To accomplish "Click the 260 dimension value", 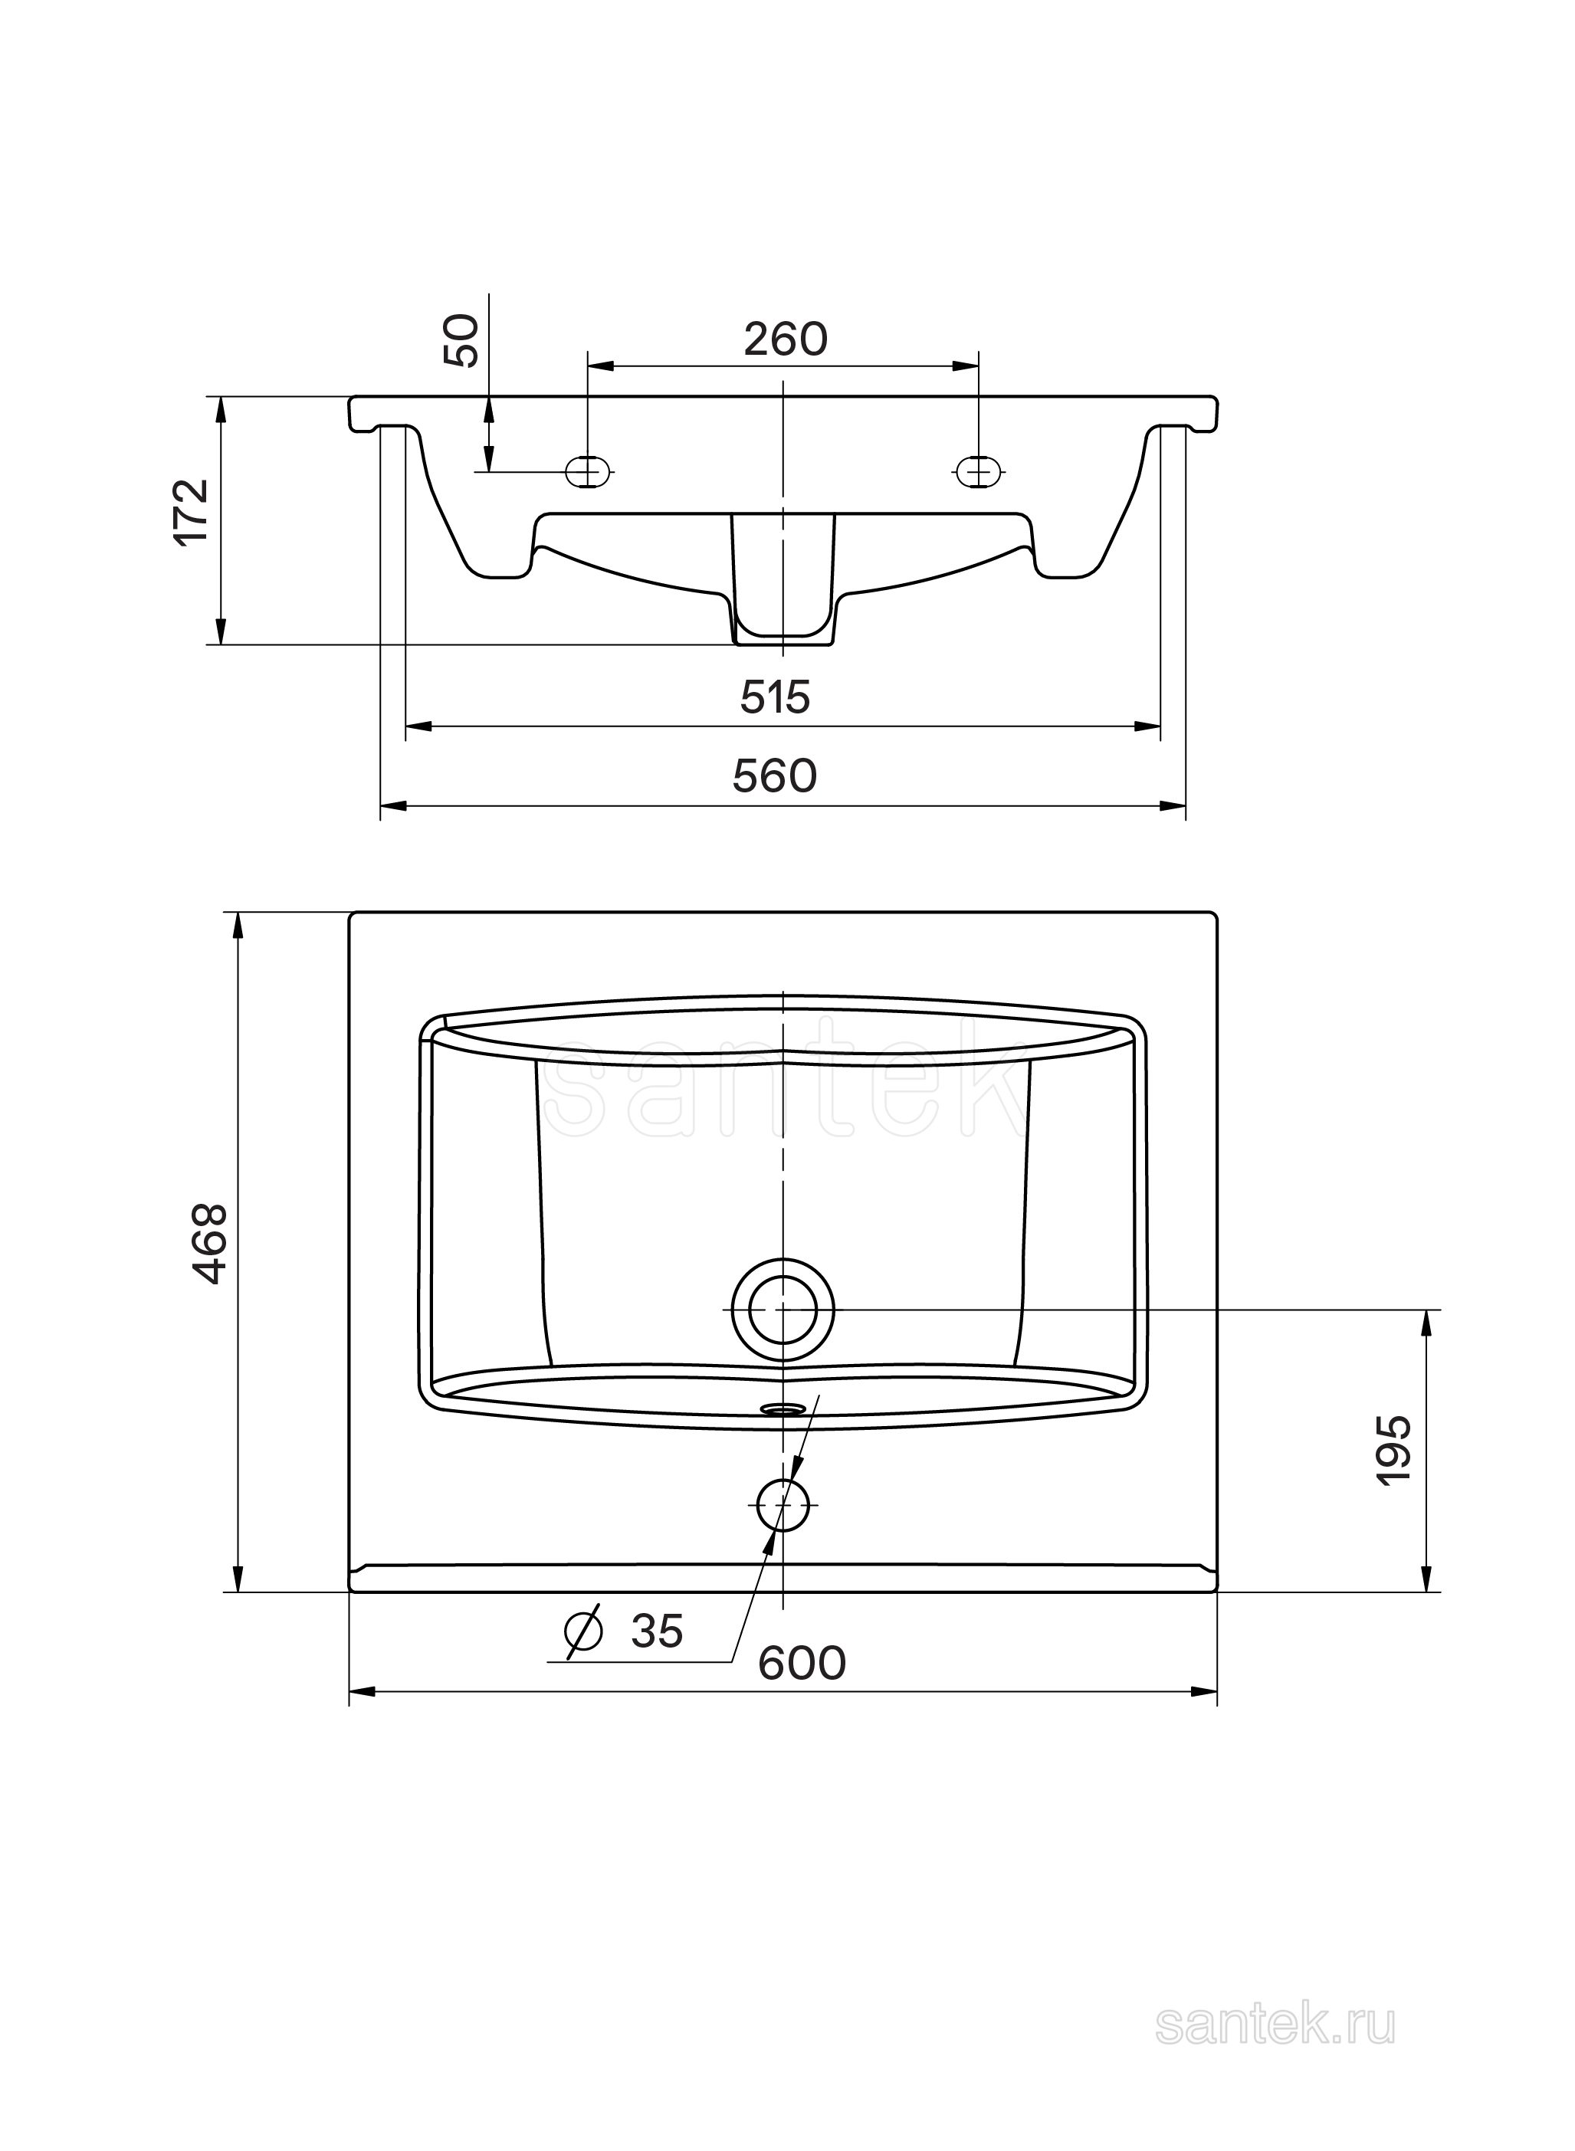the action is tap(786, 339).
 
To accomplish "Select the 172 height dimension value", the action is tap(192, 511).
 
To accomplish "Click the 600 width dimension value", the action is tap(802, 1664).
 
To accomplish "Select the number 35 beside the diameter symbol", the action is tap(657, 1631).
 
